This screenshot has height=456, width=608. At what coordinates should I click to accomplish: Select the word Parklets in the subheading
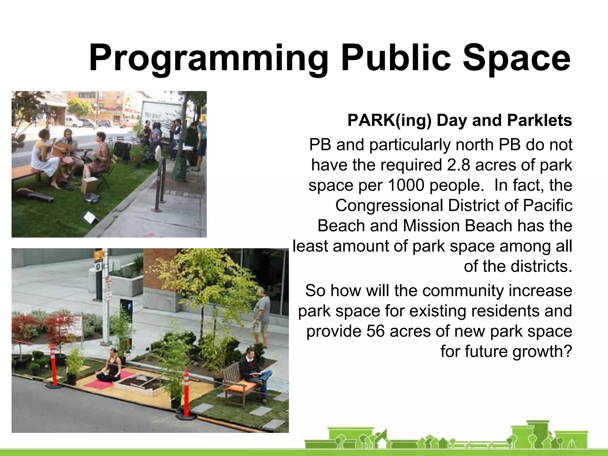tap(539, 120)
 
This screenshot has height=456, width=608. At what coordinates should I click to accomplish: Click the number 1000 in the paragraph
tap(406, 185)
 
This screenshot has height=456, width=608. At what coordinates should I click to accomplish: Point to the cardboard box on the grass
tap(89, 185)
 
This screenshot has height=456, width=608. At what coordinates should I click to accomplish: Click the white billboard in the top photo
tap(160, 114)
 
